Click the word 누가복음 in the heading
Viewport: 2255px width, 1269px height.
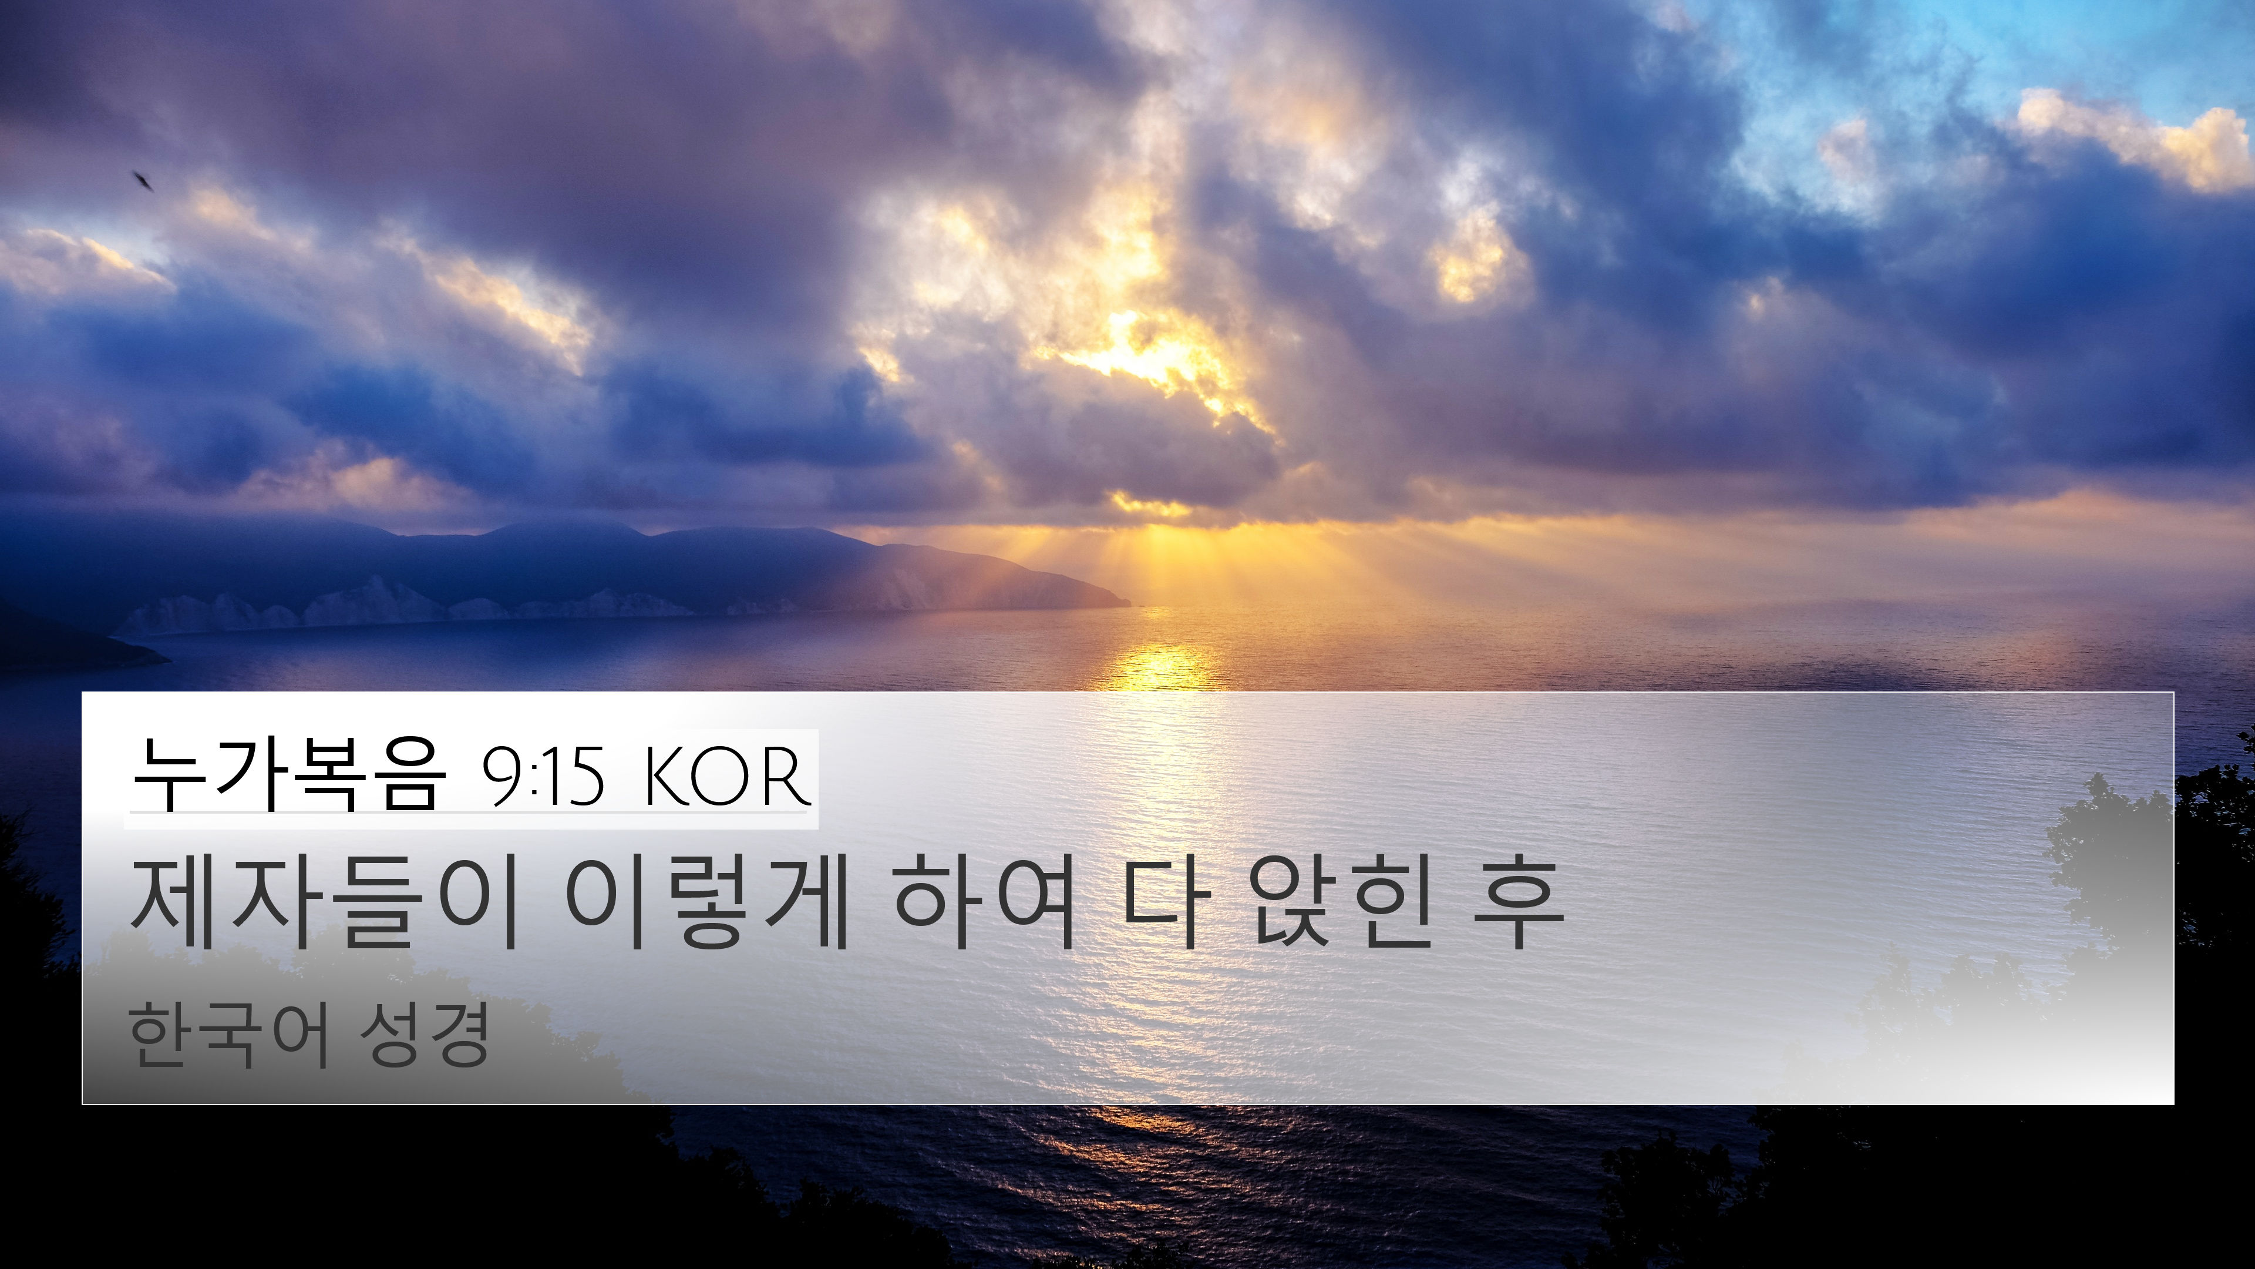click(x=289, y=774)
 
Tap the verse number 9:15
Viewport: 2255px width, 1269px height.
click(x=543, y=776)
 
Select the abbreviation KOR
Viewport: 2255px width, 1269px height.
click(x=726, y=776)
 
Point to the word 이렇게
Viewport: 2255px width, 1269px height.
click(x=707, y=903)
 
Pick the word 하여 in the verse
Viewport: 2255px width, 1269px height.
click(x=983, y=903)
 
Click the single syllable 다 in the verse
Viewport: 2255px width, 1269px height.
click(x=1166, y=903)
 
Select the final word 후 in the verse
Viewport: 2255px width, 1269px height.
click(x=1519, y=903)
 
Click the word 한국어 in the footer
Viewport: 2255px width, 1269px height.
click(x=230, y=1035)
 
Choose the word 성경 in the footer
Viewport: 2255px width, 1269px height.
click(x=425, y=1035)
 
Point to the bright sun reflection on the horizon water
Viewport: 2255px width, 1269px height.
click(x=1160, y=667)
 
